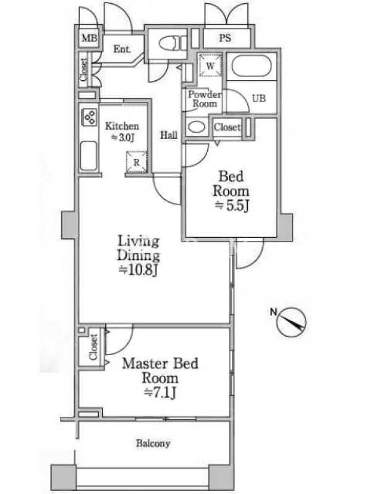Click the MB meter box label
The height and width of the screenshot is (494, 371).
(x=89, y=38)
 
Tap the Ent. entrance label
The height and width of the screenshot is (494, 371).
(x=122, y=49)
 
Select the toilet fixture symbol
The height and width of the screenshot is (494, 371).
(x=173, y=43)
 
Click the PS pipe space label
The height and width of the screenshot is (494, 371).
(x=225, y=38)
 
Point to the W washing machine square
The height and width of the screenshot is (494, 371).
(x=210, y=65)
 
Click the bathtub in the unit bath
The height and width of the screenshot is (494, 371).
(x=252, y=66)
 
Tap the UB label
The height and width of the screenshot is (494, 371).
(x=258, y=98)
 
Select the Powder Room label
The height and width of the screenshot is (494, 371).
(x=205, y=99)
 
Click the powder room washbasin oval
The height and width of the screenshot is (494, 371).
(x=196, y=127)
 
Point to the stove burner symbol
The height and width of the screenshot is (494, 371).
(x=89, y=117)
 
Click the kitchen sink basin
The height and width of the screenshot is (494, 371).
(x=88, y=156)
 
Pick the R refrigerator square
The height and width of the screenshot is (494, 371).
(x=137, y=162)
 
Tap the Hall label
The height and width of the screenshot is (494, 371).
(x=169, y=135)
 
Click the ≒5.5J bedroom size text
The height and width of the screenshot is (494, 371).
(x=232, y=206)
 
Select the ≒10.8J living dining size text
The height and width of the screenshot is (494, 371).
(x=138, y=270)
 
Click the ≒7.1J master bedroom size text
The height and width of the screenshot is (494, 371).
(x=160, y=393)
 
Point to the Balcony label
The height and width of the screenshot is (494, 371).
(x=153, y=443)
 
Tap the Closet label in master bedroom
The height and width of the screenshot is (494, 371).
(x=93, y=347)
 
